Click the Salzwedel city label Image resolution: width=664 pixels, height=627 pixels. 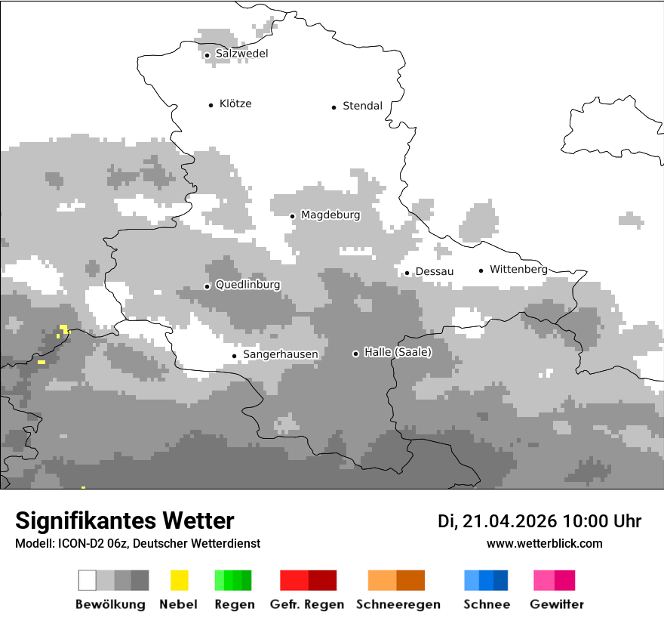click(241, 54)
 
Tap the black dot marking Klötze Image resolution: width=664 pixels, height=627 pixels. click(211, 105)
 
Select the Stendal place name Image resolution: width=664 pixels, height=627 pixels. click(362, 106)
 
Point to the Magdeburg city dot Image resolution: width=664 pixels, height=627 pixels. click(293, 216)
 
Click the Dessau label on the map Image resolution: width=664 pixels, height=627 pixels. click(435, 271)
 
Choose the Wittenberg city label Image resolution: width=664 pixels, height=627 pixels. click(518, 269)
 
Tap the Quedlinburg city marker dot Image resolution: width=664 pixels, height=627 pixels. click(207, 286)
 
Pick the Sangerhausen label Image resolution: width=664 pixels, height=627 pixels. click(280, 354)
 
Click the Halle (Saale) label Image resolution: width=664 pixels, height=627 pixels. click(398, 352)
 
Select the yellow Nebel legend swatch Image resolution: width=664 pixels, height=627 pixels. click(179, 580)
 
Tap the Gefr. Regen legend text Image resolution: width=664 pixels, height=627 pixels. click(307, 604)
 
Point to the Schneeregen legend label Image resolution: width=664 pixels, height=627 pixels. click(398, 604)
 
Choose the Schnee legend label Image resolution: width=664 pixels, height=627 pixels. click(487, 604)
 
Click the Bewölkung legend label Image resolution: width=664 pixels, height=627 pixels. click(110, 604)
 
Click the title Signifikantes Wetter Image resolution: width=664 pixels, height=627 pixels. click(124, 520)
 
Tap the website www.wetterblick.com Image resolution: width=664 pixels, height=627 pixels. click(544, 543)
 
